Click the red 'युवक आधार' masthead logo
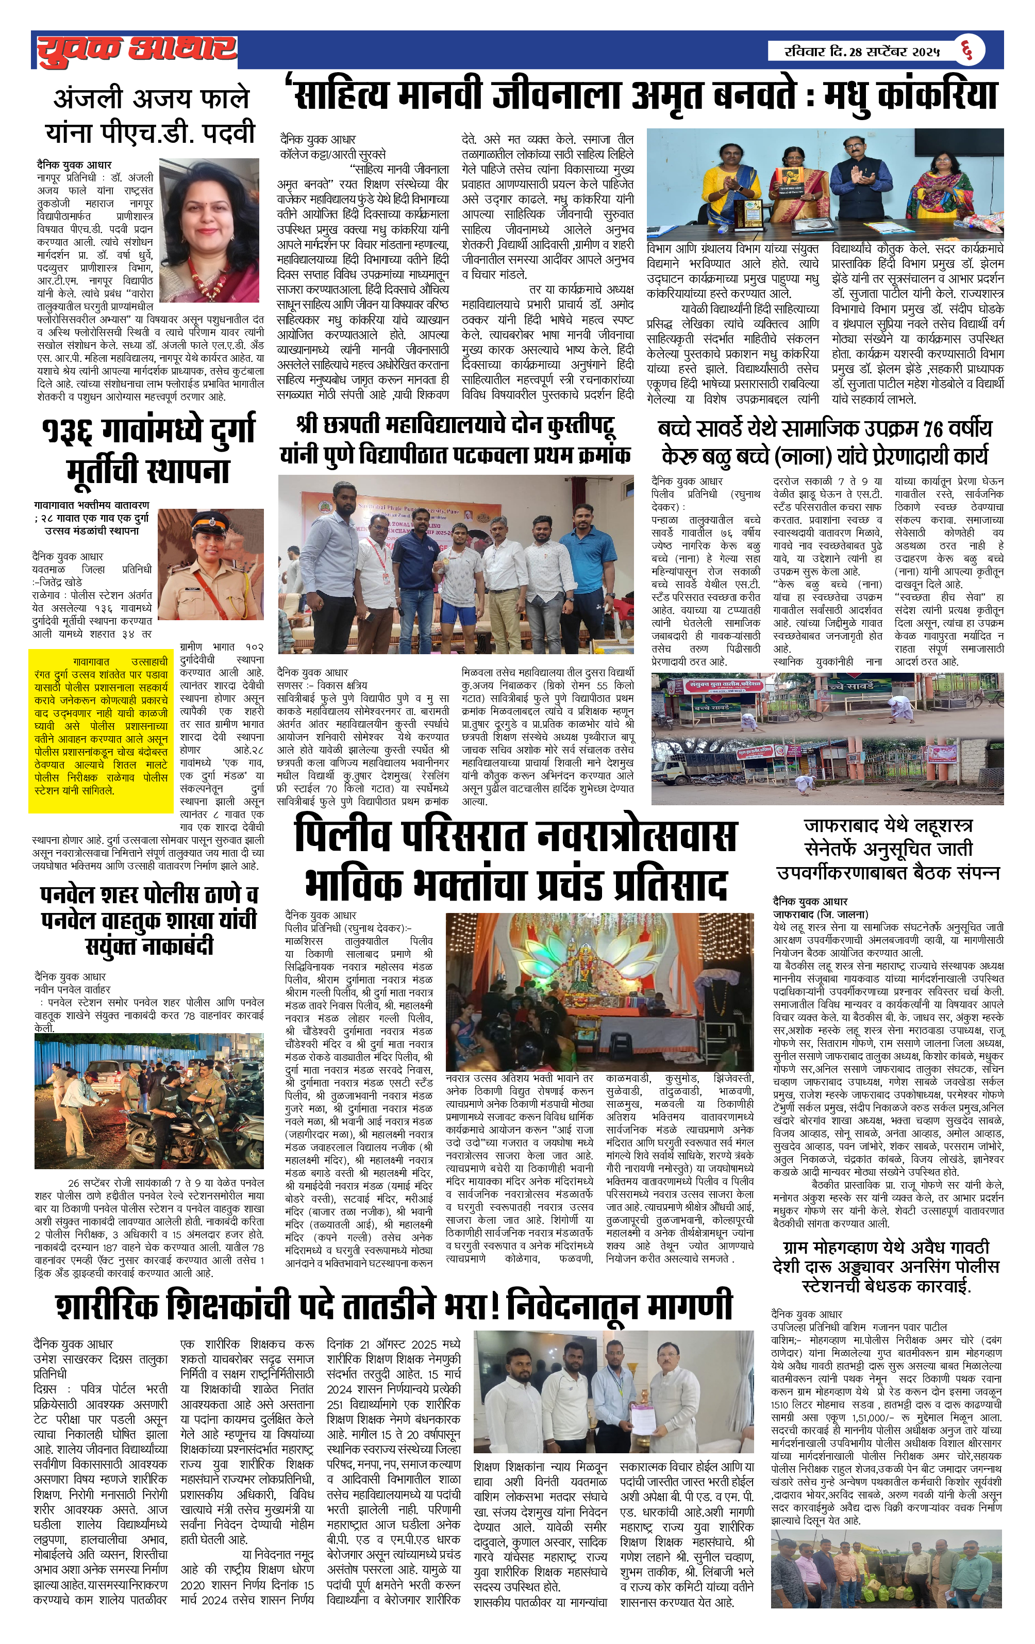(x=137, y=50)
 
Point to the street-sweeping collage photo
(x=827, y=739)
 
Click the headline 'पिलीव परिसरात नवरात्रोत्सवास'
(x=515, y=836)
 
